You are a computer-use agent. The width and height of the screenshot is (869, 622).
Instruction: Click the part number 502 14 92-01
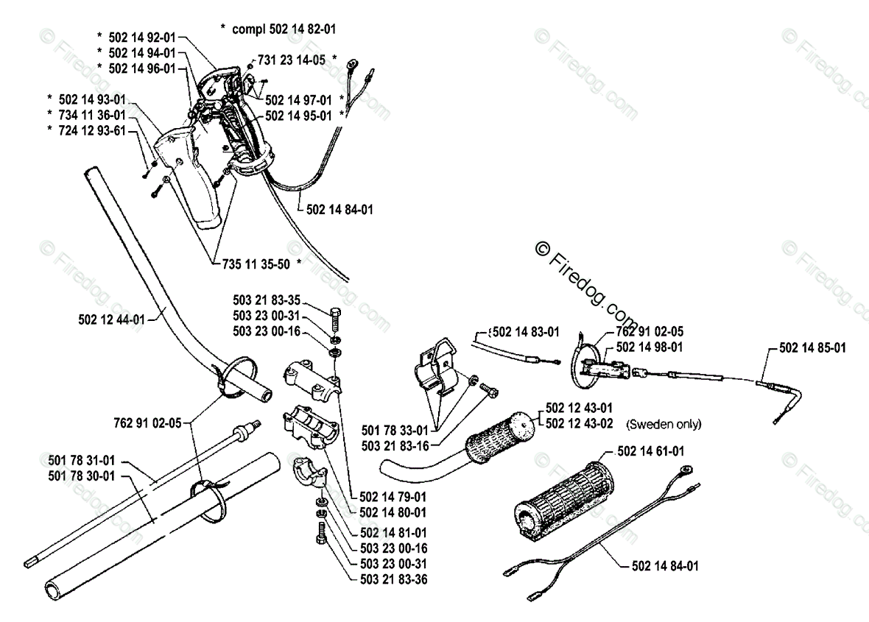tap(141, 36)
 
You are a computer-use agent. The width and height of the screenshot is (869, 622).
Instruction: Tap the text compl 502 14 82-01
tap(284, 29)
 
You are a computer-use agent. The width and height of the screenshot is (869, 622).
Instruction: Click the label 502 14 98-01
tap(649, 347)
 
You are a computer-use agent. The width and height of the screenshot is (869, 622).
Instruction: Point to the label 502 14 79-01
tap(393, 496)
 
